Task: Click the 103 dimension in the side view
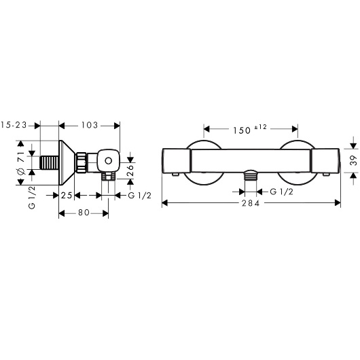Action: click(x=89, y=125)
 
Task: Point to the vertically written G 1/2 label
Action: click(x=31, y=197)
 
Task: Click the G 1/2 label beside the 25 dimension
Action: click(x=140, y=196)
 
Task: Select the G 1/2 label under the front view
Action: click(x=282, y=192)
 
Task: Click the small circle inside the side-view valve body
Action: click(x=107, y=162)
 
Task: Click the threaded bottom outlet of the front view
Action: click(x=251, y=177)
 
